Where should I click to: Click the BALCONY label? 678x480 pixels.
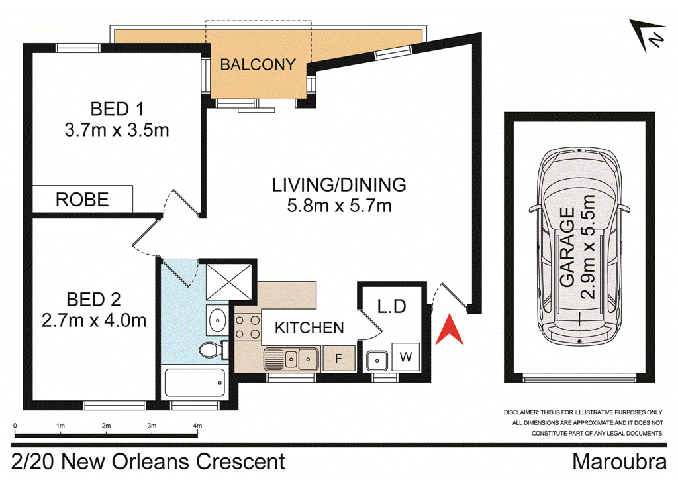click(x=258, y=65)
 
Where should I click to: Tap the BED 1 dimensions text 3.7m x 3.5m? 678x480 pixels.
click(x=117, y=130)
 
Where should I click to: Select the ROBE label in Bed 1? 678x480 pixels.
click(x=82, y=200)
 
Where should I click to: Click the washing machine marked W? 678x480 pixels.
click(x=405, y=357)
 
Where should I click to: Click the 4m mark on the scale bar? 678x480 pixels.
click(x=197, y=425)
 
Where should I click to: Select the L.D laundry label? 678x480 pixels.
click(x=391, y=307)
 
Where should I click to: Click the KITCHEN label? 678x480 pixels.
click(x=309, y=328)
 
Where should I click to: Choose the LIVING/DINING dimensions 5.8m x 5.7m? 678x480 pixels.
click(x=339, y=206)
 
